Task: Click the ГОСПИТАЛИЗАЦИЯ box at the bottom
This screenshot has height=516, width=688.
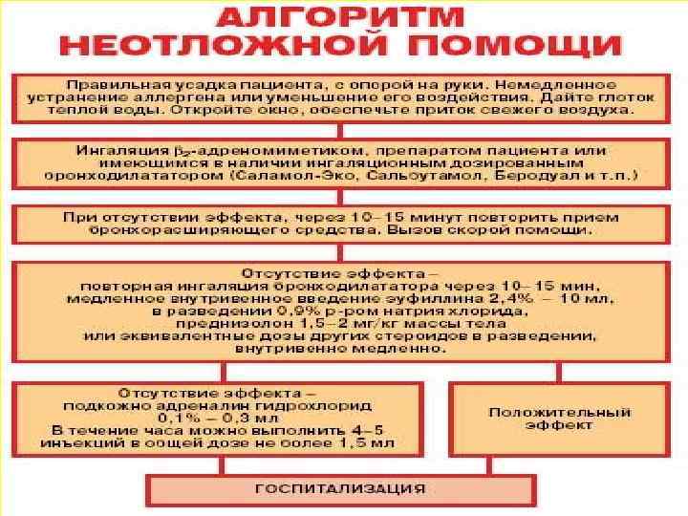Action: [x=339, y=488]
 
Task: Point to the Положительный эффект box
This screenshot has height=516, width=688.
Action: [x=560, y=419]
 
